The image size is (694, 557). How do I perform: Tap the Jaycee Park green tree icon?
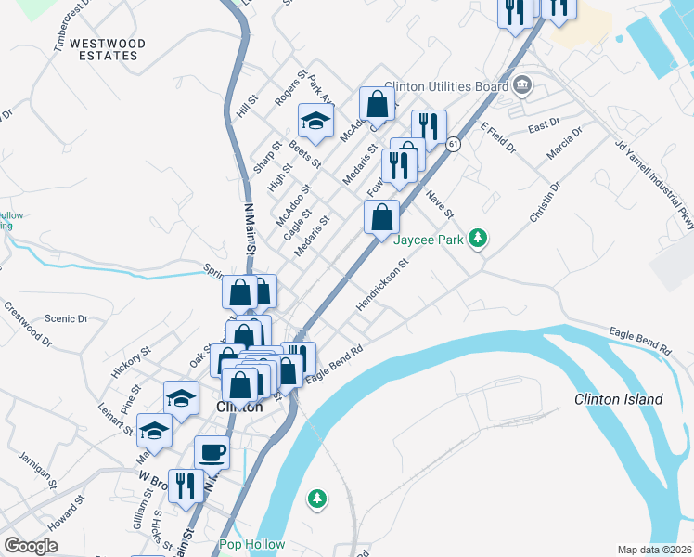(x=478, y=239)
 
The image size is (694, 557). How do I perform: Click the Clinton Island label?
(x=619, y=400)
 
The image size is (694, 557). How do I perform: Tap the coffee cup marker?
(x=212, y=452)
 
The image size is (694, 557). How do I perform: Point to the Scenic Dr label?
(x=71, y=318)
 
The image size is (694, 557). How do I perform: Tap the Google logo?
(x=32, y=546)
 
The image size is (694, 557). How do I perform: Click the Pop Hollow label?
(x=252, y=544)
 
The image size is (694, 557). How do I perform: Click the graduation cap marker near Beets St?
(x=315, y=120)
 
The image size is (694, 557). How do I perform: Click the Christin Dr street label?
(x=546, y=202)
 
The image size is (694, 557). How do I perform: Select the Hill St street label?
(x=246, y=105)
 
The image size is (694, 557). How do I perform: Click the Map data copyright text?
(x=655, y=549)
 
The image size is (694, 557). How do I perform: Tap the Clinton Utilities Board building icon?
(x=521, y=86)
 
